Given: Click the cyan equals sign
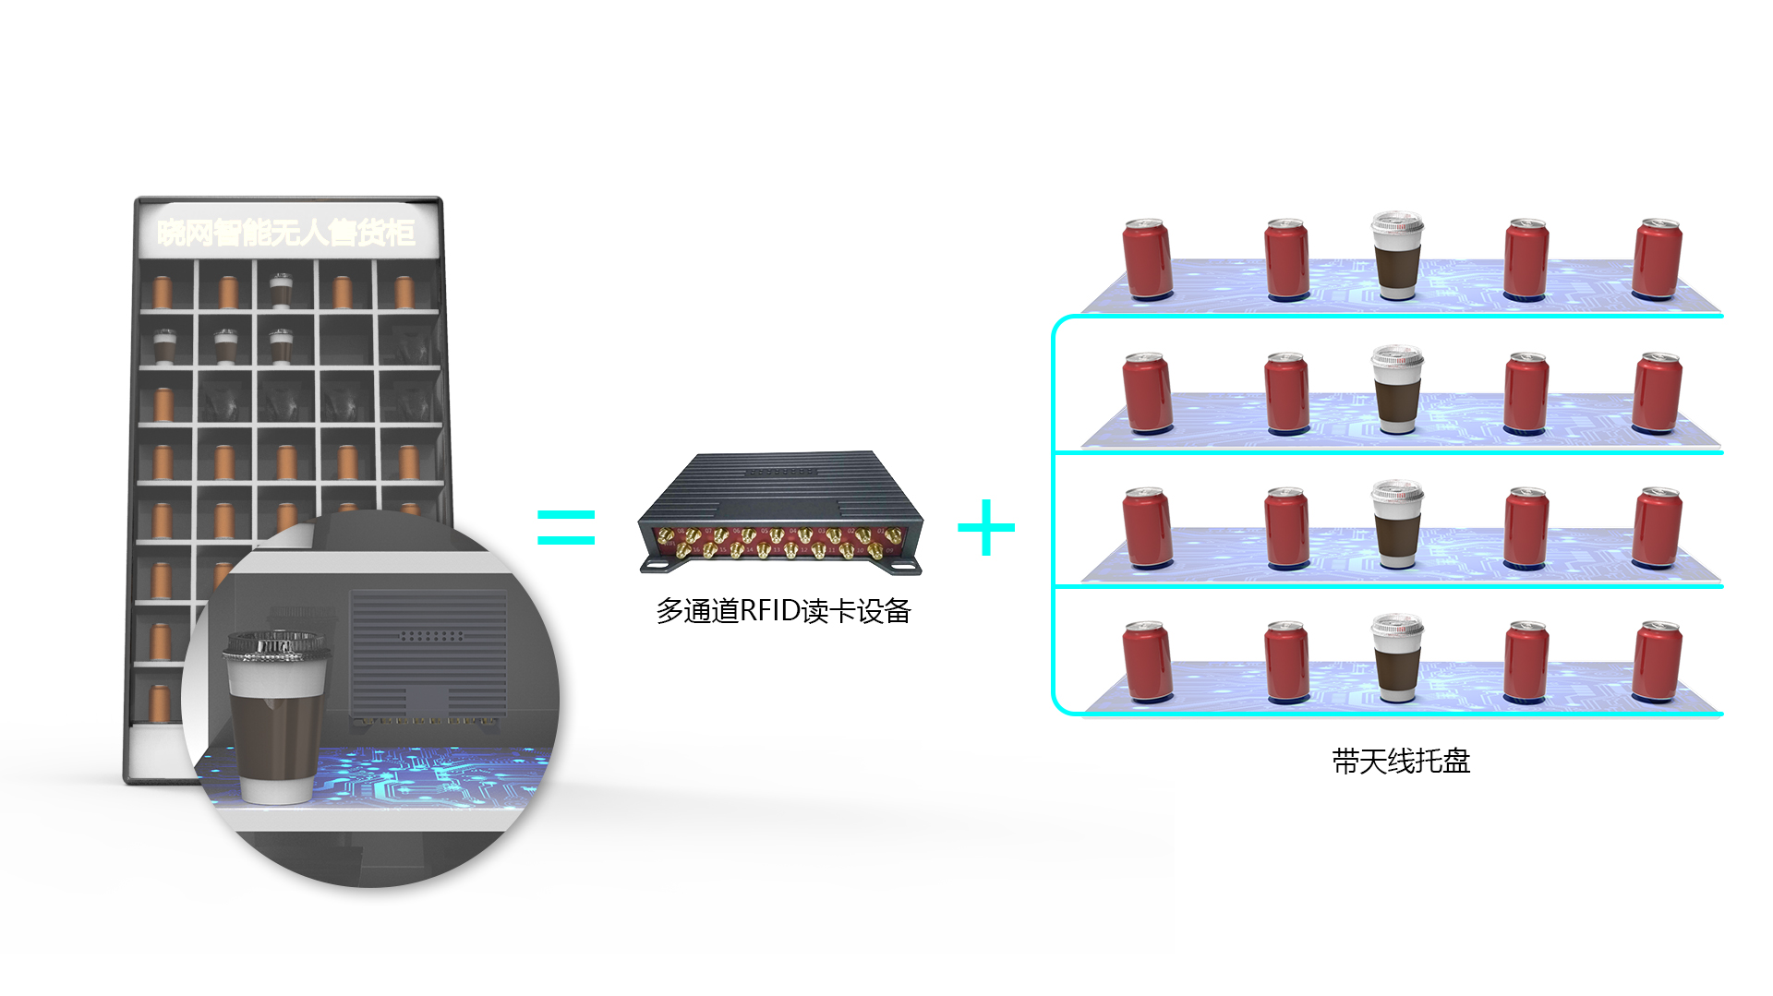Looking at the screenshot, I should tap(565, 527).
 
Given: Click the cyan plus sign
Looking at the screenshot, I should tap(986, 527).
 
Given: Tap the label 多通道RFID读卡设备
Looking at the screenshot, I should tap(783, 610).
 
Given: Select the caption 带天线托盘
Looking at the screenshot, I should tap(1400, 761).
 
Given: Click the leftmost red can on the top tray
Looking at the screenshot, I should tap(1147, 259).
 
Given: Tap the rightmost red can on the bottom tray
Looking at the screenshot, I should tap(1658, 662).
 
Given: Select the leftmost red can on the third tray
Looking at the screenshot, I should tap(1147, 528).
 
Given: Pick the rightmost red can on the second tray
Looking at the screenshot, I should tap(1658, 393).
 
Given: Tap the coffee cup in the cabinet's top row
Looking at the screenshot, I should tap(280, 290).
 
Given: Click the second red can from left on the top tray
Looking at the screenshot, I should tap(1286, 259).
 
